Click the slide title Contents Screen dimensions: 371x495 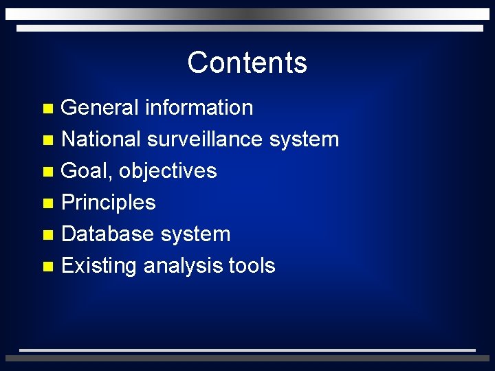tap(247, 63)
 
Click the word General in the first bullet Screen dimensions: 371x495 tap(100, 108)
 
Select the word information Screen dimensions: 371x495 tap(199, 108)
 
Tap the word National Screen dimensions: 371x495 tap(101, 139)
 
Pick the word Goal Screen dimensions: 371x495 tap(87, 171)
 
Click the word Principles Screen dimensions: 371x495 tap(109, 203)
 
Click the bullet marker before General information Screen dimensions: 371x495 tap(47, 109)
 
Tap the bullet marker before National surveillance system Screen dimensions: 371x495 tap(47, 140)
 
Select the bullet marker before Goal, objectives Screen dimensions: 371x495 tap(47, 172)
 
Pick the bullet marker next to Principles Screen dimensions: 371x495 tap(47, 203)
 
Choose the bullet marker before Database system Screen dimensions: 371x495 tap(47, 235)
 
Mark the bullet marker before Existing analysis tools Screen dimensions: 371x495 tap(47, 267)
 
